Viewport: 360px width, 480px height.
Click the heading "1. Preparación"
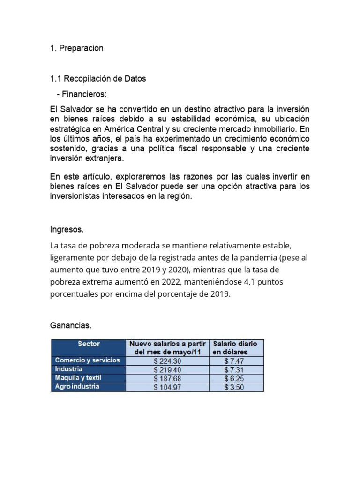76,48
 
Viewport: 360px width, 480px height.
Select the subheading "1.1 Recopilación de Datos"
98,79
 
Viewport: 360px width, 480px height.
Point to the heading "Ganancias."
70,325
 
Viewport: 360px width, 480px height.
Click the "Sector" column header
89,344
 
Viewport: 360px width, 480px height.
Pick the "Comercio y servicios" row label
88,360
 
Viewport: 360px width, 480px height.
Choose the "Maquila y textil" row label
78,378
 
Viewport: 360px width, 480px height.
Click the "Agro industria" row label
77,387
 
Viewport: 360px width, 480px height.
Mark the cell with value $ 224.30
167,361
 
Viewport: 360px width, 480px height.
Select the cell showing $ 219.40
167,370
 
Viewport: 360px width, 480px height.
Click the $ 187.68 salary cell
167,378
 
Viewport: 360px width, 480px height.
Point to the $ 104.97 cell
167,387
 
